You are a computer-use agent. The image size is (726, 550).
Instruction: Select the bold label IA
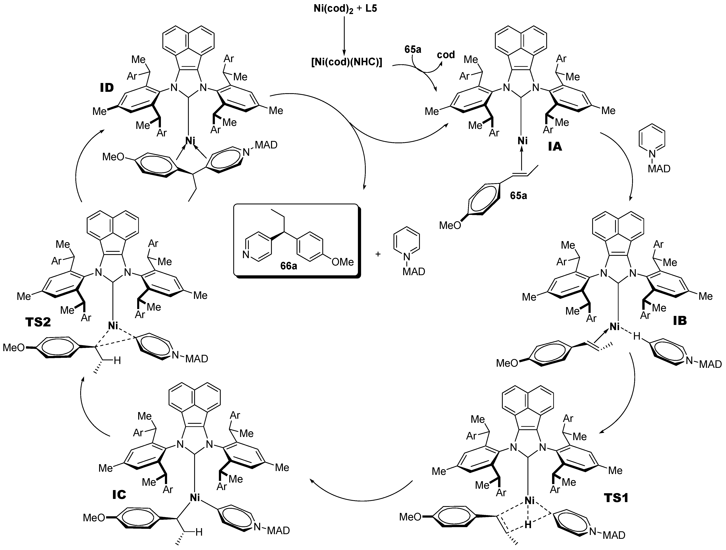tap(555, 147)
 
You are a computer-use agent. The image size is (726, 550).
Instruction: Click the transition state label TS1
tap(616, 498)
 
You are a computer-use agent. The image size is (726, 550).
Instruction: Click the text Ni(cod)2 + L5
tap(345, 9)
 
